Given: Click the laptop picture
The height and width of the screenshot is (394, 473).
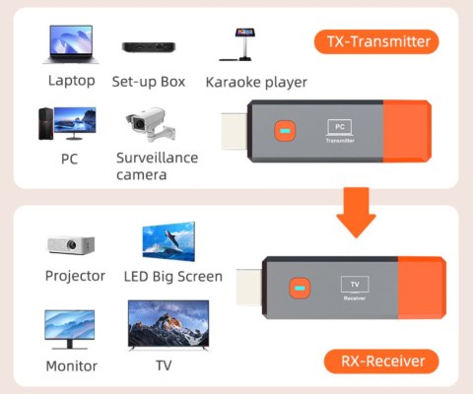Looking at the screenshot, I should point(71,45).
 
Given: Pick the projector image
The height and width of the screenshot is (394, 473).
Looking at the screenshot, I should point(71,245).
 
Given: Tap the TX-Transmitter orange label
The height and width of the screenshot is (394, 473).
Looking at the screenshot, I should point(376,41).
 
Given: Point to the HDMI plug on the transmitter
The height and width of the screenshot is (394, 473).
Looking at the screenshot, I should point(234,133).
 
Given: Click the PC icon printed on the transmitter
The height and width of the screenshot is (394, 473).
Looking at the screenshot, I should point(339,127).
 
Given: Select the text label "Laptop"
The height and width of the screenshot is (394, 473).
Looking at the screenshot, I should point(71,81).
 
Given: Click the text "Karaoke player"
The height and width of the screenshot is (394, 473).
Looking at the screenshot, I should point(256,82).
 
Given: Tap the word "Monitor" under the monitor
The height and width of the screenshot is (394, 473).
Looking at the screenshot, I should point(71,366).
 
